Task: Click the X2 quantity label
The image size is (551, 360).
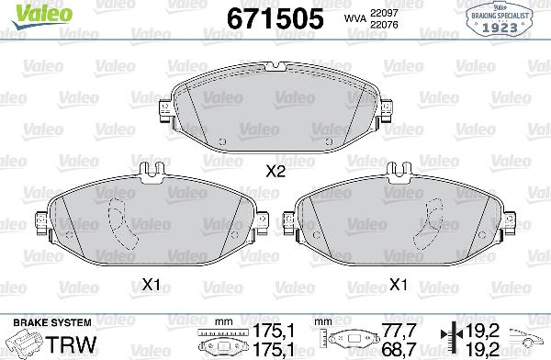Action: pyautogui.click(x=275, y=170)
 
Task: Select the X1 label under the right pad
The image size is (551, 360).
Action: pyautogui.click(x=399, y=283)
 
